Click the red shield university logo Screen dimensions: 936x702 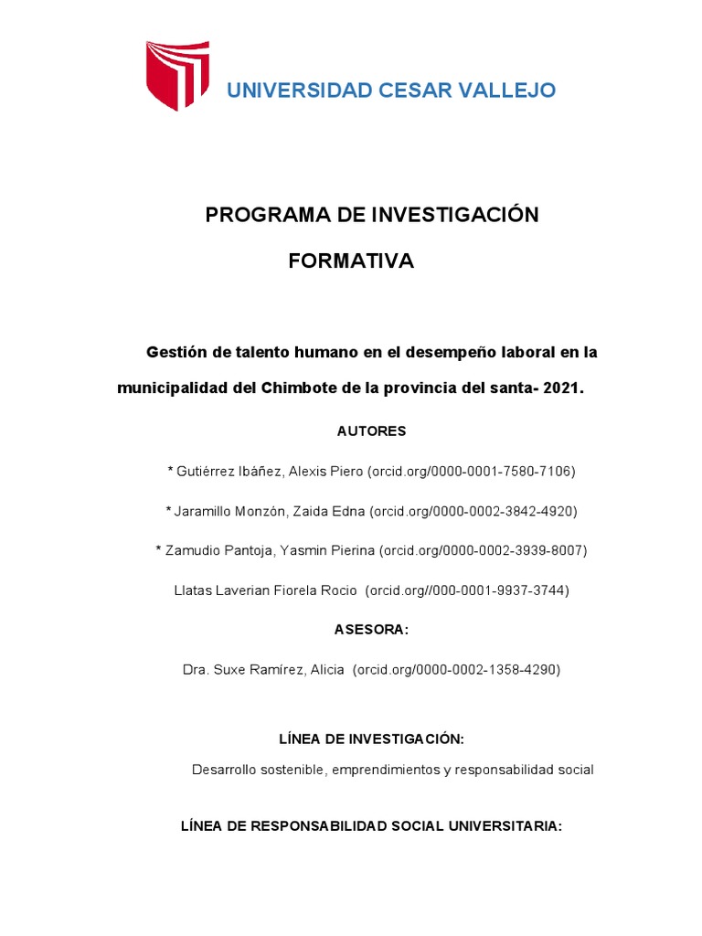pyautogui.click(x=178, y=75)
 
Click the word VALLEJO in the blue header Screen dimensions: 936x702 pyautogui.click(x=508, y=90)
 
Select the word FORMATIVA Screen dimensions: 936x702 pyautogui.click(x=351, y=261)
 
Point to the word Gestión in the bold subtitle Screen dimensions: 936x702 pyautogui.click(x=177, y=352)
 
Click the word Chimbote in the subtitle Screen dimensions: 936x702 pyautogui.click(x=299, y=388)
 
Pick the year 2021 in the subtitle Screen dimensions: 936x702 pyautogui.click(x=561, y=388)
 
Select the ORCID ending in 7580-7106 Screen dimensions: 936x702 pyautogui.click(x=472, y=472)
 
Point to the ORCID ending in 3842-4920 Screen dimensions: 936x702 pyautogui.click(x=473, y=511)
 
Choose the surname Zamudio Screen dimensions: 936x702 pyautogui.click(x=196, y=550)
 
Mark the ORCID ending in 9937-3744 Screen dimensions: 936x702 pyautogui.click(x=467, y=590)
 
